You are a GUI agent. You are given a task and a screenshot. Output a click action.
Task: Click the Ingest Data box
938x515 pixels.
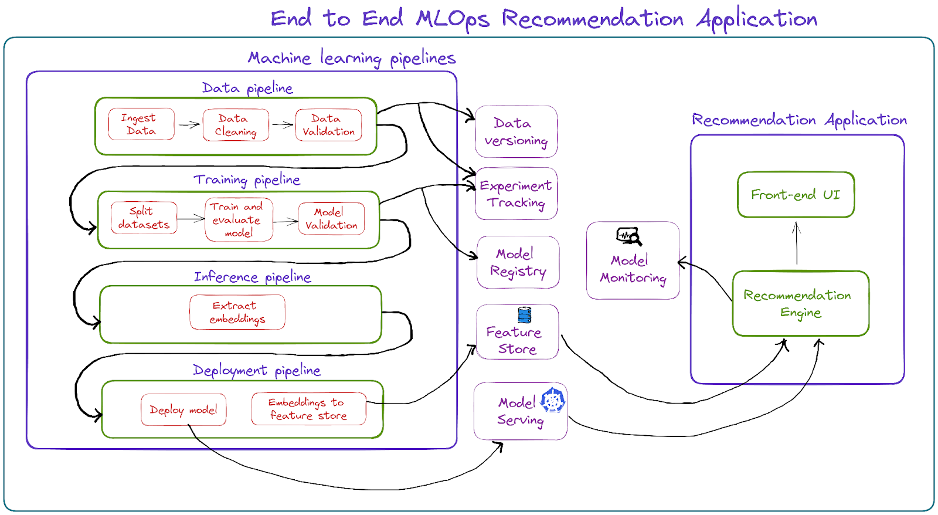pyautogui.click(x=141, y=124)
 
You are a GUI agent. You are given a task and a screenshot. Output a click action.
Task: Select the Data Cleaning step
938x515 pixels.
pyautogui.click(x=236, y=125)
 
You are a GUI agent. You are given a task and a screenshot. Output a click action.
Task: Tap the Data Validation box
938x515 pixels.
pyautogui.click(x=328, y=125)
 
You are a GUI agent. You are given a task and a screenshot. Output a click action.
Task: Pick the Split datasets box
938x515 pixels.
pyautogui.click(x=144, y=218)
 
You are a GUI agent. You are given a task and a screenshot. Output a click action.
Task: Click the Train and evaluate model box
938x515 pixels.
pyautogui.click(x=239, y=219)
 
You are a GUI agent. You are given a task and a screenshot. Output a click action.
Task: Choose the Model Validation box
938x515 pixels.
pyautogui.click(x=331, y=218)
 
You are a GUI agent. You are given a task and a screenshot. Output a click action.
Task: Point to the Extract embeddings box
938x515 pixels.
pyautogui.click(x=237, y=312)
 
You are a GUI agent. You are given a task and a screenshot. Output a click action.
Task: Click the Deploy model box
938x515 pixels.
pyautogui.click(x=183, y=409)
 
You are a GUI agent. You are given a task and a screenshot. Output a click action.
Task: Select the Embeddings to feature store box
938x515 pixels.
pyautogui.click(x=308, y=409)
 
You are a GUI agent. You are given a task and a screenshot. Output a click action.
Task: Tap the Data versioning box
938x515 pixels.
pyautogui.click(x=516, y=132)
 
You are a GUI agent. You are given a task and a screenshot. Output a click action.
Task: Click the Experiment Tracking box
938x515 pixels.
pyautogui.click(x=516, y=194)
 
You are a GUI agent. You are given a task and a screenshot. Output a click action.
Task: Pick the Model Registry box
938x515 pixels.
pyautogui.click(x=518, y=262)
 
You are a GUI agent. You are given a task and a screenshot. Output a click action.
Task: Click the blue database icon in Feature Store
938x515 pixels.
pyautogui.click(x=525, y=315)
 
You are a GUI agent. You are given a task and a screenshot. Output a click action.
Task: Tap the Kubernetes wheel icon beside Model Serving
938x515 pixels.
pyautogui.click(x=552, y=401)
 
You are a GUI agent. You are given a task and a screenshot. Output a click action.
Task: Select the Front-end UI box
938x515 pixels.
pyautogui.click(x=796, y=195)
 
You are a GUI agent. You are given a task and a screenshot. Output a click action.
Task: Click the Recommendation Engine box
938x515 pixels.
pyautogui.click(x=800, y=303)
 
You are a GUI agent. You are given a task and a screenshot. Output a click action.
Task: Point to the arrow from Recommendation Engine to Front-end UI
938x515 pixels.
pyautogui.click(x=796, y=243)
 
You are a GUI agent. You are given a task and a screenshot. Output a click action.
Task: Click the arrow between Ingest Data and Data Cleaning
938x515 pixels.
pyautogui.click(x=189, y=124)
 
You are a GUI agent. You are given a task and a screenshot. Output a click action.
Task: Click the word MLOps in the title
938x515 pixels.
pyautogui.click(x=452, y=19)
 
